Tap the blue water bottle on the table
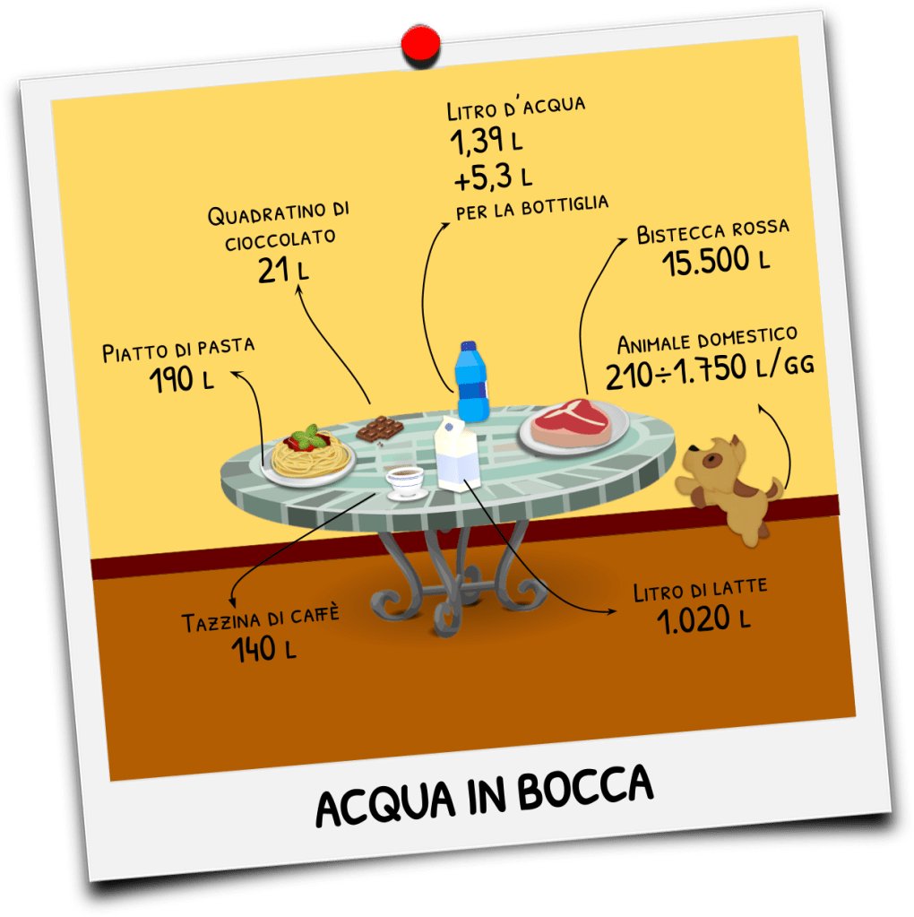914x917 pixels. (x=471, y=383)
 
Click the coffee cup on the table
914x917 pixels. (x=405, y=480)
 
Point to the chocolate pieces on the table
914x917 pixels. (x=377, y=428)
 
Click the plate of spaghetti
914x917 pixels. (x=310, y=455)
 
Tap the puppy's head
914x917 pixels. (x=715, y=458)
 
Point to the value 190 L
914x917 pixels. (x=182, y=379)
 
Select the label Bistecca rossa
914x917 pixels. (x=712, y=231)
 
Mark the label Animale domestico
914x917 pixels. (x=707, y=341)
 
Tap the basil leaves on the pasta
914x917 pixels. (x=307, y=437)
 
